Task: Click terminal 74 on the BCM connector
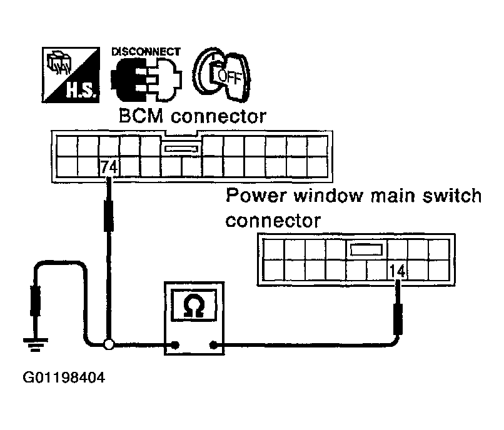coord(109,167)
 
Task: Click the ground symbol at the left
coord(33,342)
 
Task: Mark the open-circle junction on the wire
coord(109,344)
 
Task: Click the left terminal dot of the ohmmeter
coord(176,344)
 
